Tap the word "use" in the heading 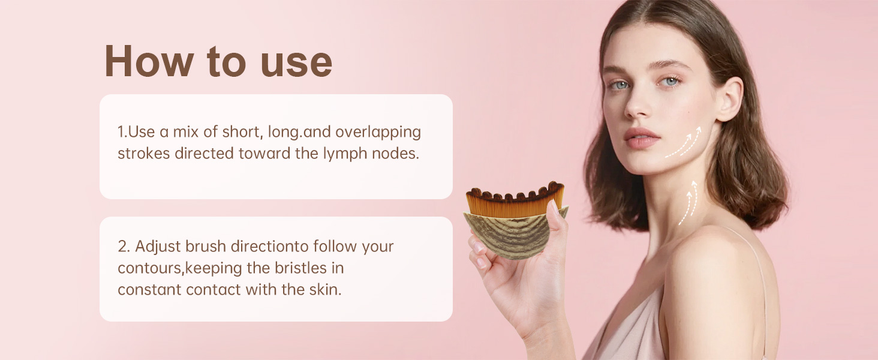point(296,64)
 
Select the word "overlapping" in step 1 point(378,133)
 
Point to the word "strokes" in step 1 point(144,154)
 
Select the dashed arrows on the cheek point(684,143)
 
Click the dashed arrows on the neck point(688,203)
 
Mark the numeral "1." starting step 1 point(122,132)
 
